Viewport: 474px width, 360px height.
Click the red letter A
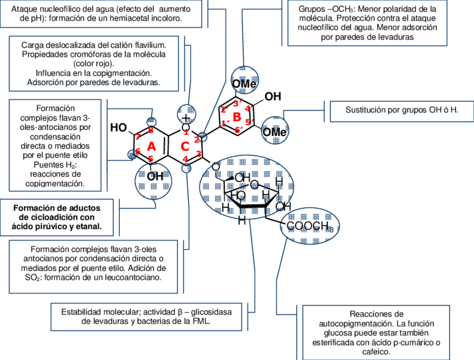tap(151, 147)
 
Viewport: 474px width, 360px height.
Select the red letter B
tap(237, 117)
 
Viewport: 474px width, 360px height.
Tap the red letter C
tap(185, 147)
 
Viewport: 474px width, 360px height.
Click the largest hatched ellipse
tap(246, 186)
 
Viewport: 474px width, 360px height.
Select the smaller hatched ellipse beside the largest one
tap(309, 226)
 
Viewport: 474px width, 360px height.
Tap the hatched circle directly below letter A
tap(153, 181)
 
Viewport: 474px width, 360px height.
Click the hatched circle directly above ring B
tap(245, 80)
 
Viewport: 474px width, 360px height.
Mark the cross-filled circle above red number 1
tap(186, 114)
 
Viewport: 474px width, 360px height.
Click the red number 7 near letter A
tap(138, 137)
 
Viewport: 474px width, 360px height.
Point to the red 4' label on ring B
tap(249, 108)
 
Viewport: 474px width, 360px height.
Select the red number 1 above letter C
tap(186, 132)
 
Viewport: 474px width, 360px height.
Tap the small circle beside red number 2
tap(203, 137)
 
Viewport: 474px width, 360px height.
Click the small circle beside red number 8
tap(132, 154)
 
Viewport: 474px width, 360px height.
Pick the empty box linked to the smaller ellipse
tap(376, 332)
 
